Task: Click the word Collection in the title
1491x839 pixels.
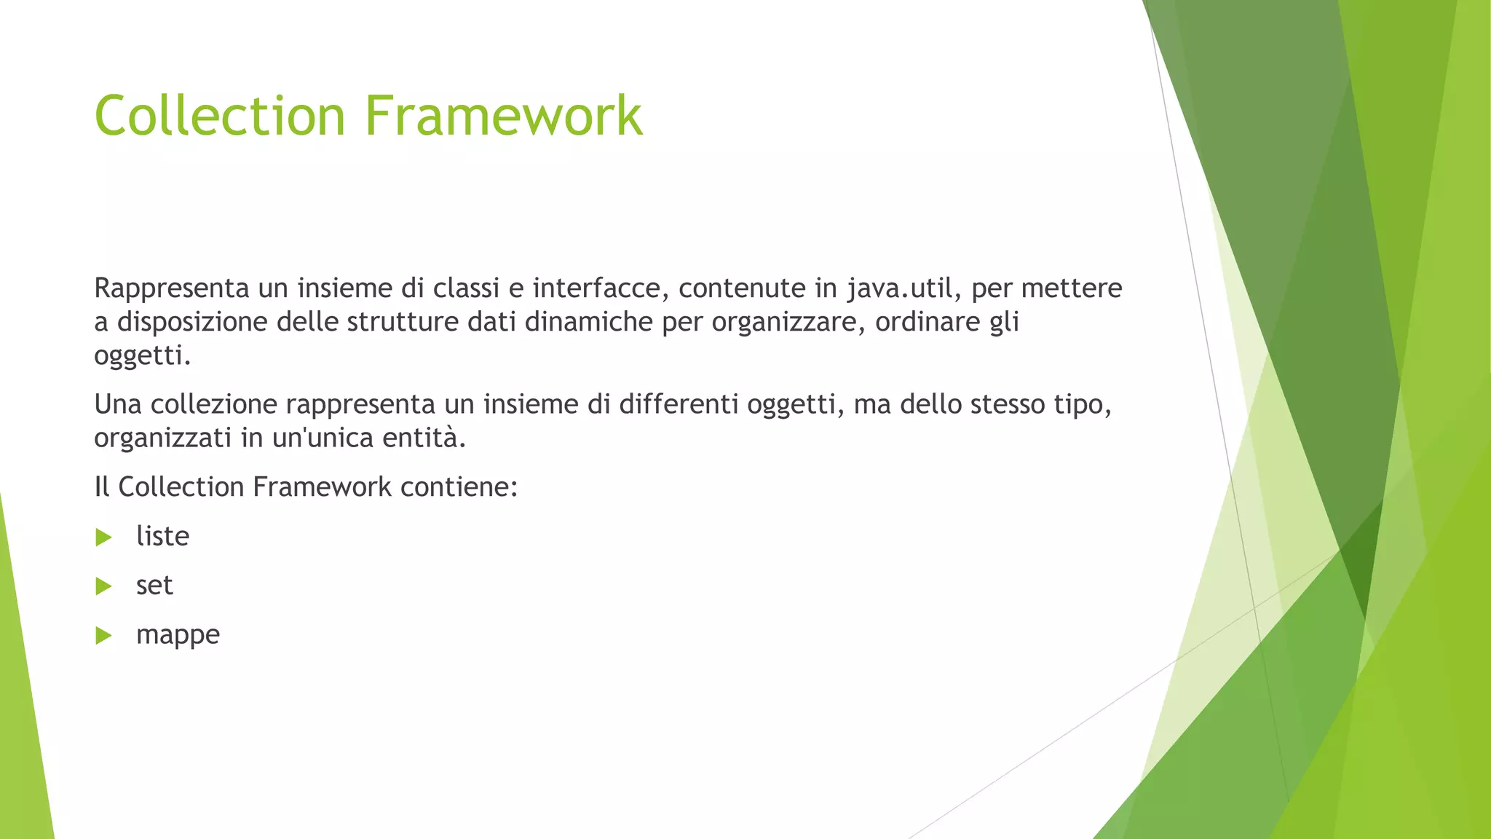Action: [219, 115]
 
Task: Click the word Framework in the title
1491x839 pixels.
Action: [504, 115]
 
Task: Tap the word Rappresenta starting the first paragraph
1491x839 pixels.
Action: [172, 288]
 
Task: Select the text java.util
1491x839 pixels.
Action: [899, 288]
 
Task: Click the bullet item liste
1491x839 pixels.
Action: [162, 536]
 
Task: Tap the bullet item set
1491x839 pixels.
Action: [154, 586]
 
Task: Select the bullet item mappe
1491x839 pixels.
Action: [178, 635]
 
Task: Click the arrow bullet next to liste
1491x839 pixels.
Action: [103, 537]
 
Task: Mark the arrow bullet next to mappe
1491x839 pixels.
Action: [103, 636]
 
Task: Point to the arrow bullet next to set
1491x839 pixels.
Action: [103, 586]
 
